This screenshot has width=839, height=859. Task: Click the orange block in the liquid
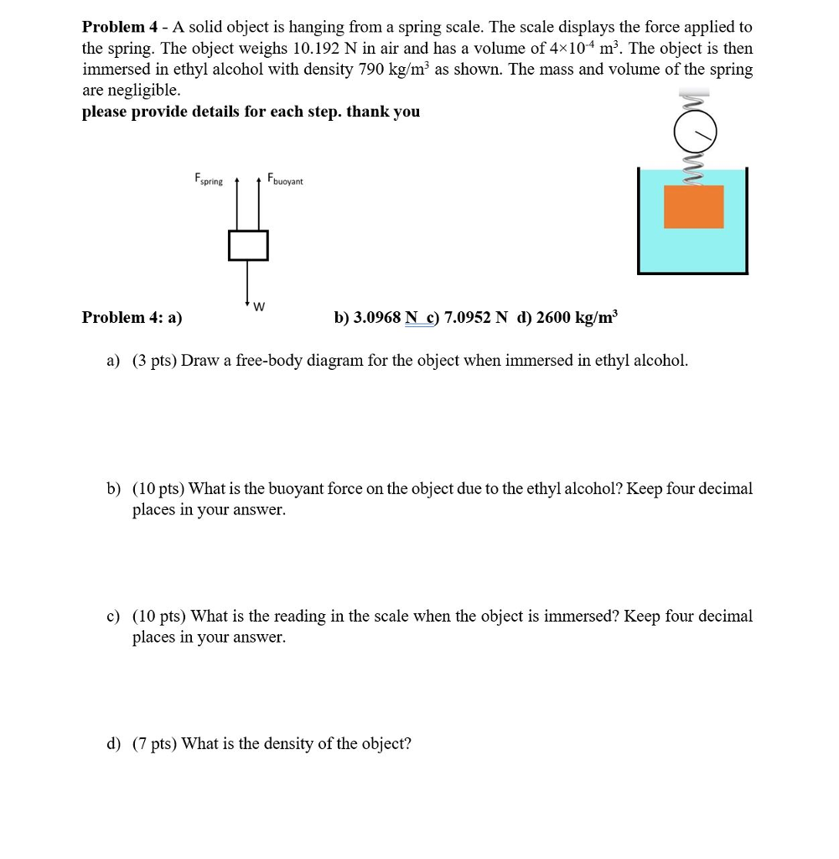(x=693, y=206)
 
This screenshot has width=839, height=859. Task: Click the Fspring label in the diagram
(x=209, y=179)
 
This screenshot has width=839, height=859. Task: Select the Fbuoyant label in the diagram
(x=285, y=180)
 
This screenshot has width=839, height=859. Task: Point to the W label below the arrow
(x=259, y=305)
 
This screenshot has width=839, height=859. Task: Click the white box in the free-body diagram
(x=247, y=245)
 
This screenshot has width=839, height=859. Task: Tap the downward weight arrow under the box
(x=247, y=281)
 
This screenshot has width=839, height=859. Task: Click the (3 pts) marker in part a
(x=154, y=361)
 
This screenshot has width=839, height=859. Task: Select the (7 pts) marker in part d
(x=154, y=743)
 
